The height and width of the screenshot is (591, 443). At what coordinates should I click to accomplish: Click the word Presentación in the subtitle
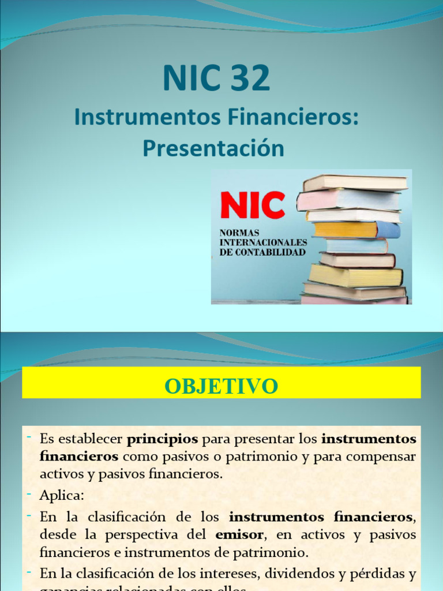[213, 148]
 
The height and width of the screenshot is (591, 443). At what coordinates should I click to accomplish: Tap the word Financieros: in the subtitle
[288, 117]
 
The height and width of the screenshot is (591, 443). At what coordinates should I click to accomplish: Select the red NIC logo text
[253, 205]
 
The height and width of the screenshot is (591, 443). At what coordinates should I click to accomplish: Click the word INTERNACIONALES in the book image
[263, 242]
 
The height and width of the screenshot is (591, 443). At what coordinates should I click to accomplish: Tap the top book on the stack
[355, 183]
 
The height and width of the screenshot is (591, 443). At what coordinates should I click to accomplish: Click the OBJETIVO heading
[221, 386]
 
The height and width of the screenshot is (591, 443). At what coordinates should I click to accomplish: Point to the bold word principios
[162, 439]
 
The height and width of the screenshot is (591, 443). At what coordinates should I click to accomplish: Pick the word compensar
[378, 457]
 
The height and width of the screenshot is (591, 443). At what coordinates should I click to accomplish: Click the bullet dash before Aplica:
[28, 493]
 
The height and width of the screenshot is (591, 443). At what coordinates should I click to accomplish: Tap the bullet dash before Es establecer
[28, 438]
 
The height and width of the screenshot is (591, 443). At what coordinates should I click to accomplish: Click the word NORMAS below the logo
[239, 232]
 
